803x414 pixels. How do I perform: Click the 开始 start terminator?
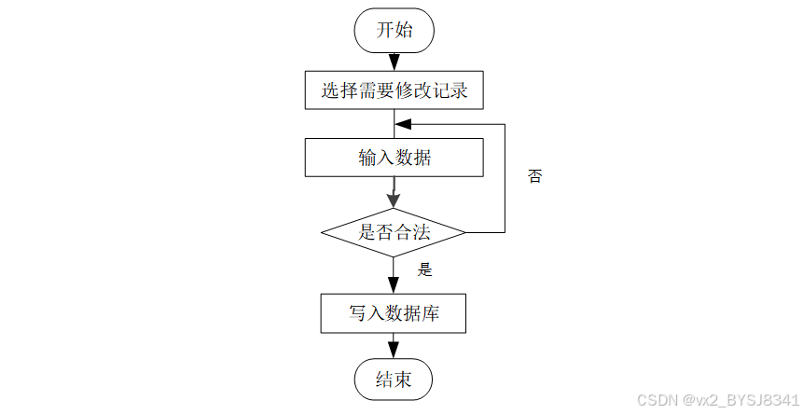click(394, 30)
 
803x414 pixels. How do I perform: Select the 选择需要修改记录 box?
click(394, 90)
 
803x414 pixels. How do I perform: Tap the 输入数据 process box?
click(394, 158)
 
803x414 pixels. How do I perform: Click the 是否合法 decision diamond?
click(394, 232)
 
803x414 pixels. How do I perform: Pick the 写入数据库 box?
click(394, 313)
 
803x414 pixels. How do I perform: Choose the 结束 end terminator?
click(394, 379)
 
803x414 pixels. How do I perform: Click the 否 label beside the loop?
click(534, 176)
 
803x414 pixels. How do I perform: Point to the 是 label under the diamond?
click(425, 269)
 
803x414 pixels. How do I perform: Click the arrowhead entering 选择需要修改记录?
click(394, 62)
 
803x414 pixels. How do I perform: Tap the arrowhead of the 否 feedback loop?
click(404, 124)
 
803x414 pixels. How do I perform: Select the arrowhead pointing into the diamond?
click(394, 200)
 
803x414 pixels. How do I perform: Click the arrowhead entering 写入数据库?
click(394, 285)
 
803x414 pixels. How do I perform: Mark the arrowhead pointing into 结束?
click(394, 350)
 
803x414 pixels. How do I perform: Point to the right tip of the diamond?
click(465, 232)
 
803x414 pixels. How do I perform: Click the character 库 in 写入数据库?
click(430, 313)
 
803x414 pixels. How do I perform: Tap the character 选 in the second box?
click(330, 90)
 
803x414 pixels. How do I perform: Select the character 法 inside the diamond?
click(422, 232)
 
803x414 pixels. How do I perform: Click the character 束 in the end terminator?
click(403, 379)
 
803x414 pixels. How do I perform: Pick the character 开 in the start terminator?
click(384, 30)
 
